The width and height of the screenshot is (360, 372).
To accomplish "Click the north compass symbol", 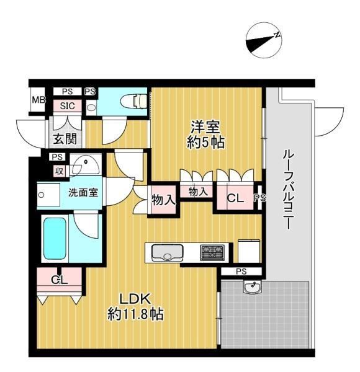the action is pos(264,40).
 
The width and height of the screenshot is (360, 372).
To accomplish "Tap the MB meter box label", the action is pos(38,100).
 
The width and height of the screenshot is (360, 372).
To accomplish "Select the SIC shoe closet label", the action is pos(68,105).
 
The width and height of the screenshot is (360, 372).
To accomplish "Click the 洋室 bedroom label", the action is pos(205,127).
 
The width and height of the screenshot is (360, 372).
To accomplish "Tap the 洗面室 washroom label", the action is pos(83,192).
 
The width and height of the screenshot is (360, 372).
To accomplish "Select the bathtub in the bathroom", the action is pos(55,239).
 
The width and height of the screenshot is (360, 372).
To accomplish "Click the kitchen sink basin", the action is pos(168,253).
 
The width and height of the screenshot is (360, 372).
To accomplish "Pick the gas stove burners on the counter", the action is pos(212,252).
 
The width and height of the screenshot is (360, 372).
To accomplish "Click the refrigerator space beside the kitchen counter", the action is pos(249,250).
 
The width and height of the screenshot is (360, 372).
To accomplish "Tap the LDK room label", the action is pos(135,299).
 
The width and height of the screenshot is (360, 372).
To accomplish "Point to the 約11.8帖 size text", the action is pos(135,314).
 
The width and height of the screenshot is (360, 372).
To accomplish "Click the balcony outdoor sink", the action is pos(252,287).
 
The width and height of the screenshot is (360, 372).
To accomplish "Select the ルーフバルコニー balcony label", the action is pos(288,190).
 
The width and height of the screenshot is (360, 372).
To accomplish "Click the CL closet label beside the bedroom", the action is pos(235,198).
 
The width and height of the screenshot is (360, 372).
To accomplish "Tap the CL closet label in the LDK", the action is pos(60,280).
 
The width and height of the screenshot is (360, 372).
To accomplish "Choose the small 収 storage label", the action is pos(59,171).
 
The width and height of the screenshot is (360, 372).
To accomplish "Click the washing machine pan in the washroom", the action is pos(48,195).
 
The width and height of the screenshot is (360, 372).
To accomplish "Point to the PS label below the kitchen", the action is pos(241,272).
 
